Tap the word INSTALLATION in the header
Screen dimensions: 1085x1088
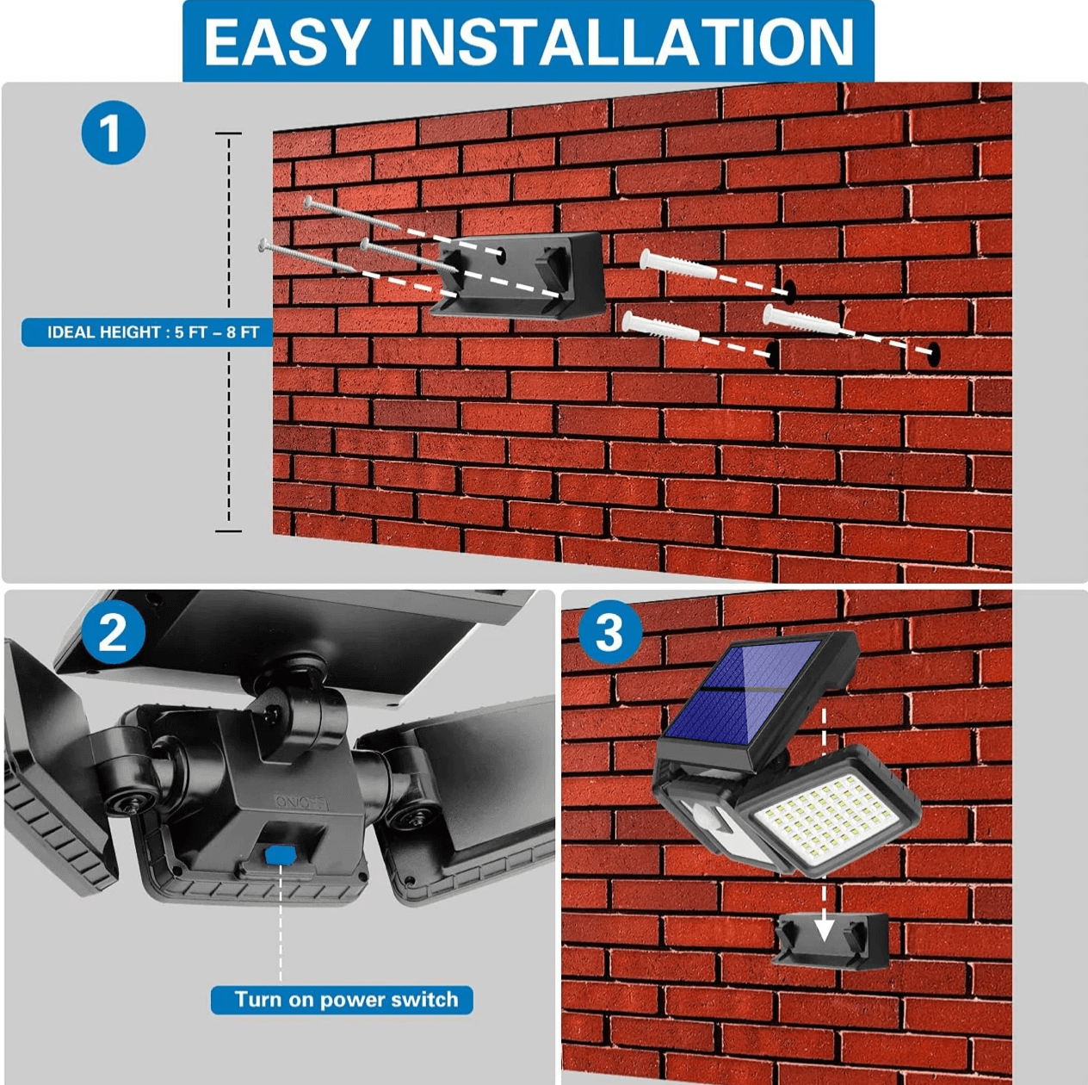point(623,42)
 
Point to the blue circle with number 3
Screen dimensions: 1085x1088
point(609,633)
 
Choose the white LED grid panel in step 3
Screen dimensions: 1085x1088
point(828,815)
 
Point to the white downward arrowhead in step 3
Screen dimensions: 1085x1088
point(824,928)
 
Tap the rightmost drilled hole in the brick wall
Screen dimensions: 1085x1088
point(932,352)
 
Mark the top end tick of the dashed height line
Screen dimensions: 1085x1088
point(228,134)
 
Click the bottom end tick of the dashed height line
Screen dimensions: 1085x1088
point(228,530)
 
